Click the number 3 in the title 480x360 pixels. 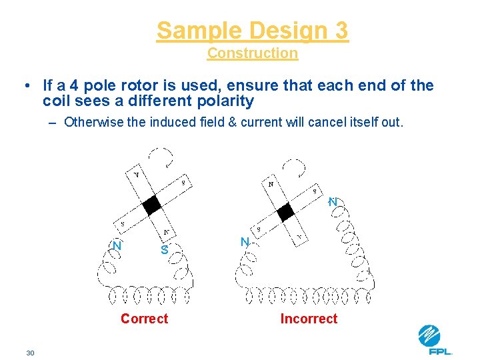point(341,31)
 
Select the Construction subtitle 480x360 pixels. point(253,53)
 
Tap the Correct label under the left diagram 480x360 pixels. point(144,319)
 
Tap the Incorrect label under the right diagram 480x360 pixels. point(309,319)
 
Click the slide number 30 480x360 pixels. point(30,352)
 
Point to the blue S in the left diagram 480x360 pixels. point(164,251)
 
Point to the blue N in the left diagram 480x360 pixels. point(117,245)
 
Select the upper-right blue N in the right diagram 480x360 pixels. point(333,201)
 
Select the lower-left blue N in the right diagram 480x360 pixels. point(245,242)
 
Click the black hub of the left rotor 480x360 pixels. point(153,205)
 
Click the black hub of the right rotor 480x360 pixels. point(286,212)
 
